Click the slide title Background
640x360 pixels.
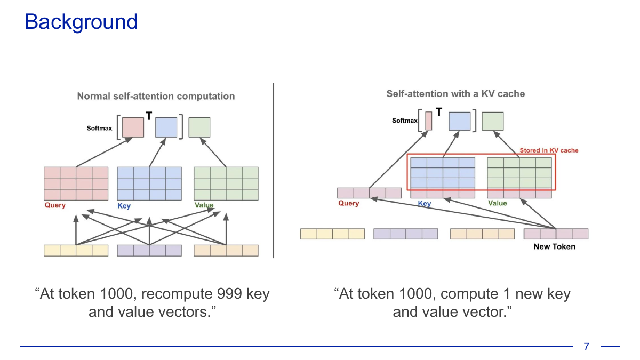81,22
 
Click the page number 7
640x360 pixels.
587,347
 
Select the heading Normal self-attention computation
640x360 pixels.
156,97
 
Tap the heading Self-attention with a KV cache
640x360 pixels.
455,94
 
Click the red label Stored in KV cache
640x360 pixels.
549,150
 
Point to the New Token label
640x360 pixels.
555,246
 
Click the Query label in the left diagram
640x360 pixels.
55,205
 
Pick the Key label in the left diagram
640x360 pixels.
124,206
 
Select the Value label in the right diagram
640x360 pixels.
498,203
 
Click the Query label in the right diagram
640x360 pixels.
349,203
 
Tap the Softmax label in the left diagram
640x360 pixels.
99,129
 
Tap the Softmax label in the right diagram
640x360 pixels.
404,121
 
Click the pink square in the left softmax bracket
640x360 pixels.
133,127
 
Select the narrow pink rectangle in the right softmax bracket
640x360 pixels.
429,121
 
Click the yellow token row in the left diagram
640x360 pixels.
76,251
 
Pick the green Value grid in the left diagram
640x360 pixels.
226,183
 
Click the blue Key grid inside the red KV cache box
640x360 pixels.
443,173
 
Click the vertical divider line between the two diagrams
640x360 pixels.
274,171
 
